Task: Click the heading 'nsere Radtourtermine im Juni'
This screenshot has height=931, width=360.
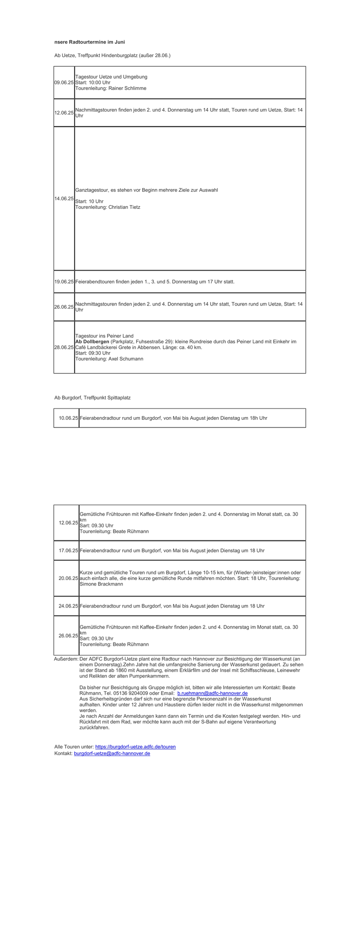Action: [90, 42]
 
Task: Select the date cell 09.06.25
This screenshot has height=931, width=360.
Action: [64, 83]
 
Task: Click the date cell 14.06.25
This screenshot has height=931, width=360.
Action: [64, 198]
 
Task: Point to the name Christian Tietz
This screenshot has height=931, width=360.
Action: [124, 207]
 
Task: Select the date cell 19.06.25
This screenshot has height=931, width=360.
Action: [64, 282]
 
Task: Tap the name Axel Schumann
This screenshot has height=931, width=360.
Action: [126, 359]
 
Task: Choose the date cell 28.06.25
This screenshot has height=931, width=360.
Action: [64, 347]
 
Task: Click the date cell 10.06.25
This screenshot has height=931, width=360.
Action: [68, 418]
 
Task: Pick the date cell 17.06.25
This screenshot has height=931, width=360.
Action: [68, 550]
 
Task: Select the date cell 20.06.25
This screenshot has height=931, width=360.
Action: [68, 578]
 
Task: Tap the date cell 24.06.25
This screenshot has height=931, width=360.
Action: [68, 606]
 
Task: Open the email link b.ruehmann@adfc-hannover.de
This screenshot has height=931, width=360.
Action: [212, 693]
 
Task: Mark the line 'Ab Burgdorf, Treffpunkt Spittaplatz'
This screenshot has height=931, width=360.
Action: [92, 398]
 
